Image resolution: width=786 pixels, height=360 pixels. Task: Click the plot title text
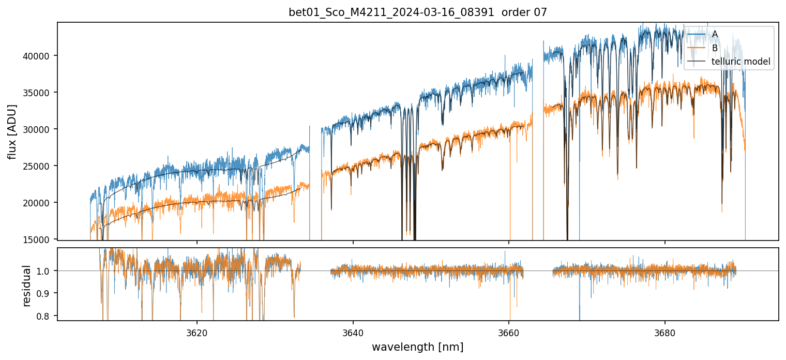pos(417,12)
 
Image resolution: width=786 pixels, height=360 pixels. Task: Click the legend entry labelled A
pos(715,34)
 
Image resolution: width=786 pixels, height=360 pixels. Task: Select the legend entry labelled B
pos(715,48)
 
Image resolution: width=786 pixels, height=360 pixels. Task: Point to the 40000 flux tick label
pos(37,56)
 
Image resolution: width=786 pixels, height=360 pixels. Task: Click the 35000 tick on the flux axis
pos(37,93)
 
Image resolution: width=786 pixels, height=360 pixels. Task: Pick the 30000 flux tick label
pos(37,129)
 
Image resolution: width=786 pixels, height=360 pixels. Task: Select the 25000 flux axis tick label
pos(37,166)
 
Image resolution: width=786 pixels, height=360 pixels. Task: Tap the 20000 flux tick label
pos(37,203)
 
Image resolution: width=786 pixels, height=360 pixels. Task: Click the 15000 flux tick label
pos(37,239)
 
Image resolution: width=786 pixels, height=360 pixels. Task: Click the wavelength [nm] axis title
pos(417,347)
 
